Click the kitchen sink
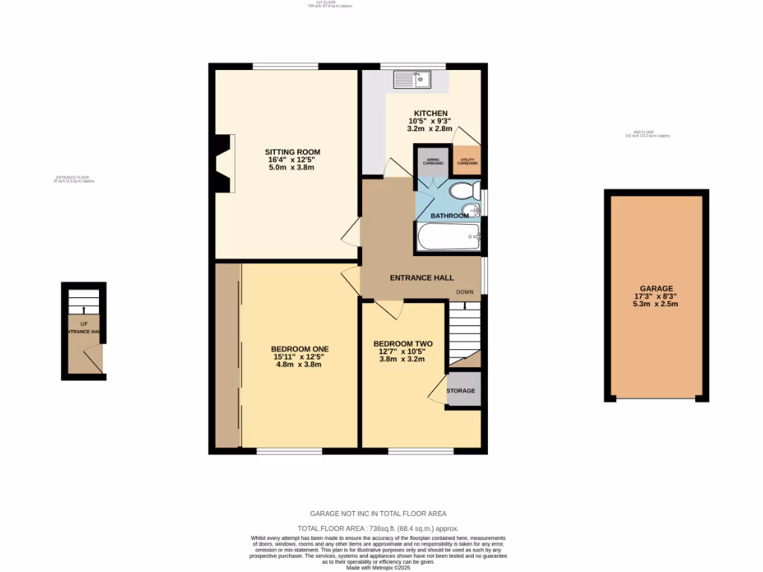tap(412, 78)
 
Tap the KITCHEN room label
tap(431, 113)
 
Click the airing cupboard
tap(433, 162)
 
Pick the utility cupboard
tap(467, 160)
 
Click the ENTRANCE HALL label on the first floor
tap(422, 278)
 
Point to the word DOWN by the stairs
tap(465, 292)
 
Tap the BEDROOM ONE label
tap(300, 349)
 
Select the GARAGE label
tap(656, 288)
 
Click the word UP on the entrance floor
tap(83, 324)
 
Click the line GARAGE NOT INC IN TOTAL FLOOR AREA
tap(378, 513)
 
